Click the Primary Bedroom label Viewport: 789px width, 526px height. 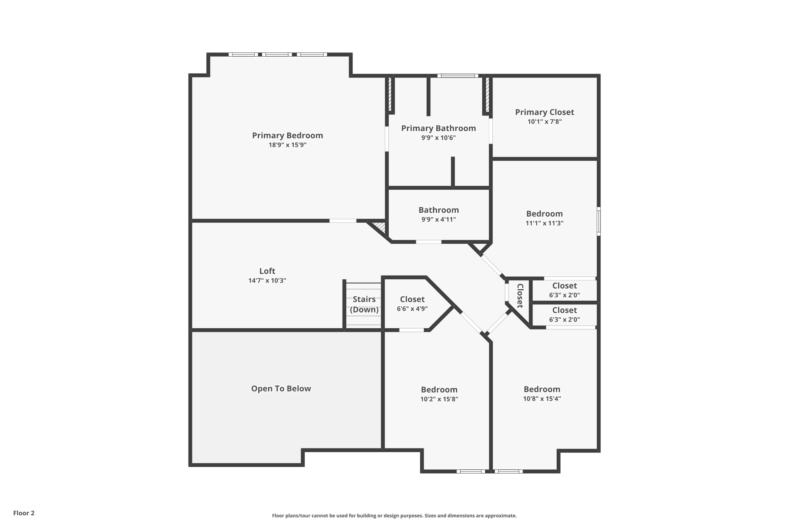click(287, 135)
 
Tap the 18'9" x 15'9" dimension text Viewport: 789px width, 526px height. click(287, 145)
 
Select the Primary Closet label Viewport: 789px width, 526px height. click(544, 112)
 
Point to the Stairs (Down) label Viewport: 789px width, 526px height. click(364, 304)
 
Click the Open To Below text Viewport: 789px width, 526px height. click(281, 388)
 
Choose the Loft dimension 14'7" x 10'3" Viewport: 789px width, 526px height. click(267, 281)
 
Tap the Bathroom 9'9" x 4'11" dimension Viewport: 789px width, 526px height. click(438, 220)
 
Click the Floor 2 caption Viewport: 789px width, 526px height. click(24, 513)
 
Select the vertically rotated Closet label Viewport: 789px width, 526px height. click(520, 296)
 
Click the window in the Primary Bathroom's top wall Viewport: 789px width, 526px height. click(458, 76)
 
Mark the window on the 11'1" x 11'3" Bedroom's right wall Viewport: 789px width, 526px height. click(598, 221)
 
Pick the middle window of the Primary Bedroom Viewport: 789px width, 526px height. click(277, 55)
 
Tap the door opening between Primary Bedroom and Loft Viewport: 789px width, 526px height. click(342, 221)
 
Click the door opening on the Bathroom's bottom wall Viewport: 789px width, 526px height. click(428, 242)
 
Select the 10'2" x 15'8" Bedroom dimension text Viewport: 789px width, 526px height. click(439, 399)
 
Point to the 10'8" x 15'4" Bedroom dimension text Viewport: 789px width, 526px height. click(542, 399)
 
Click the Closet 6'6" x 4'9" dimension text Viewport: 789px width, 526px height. click(412, 309)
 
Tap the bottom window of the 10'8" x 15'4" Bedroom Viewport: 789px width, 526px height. click(508, 471)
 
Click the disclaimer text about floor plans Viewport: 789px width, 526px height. click(394, 516)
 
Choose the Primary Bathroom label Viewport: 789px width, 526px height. click(438, 128)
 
